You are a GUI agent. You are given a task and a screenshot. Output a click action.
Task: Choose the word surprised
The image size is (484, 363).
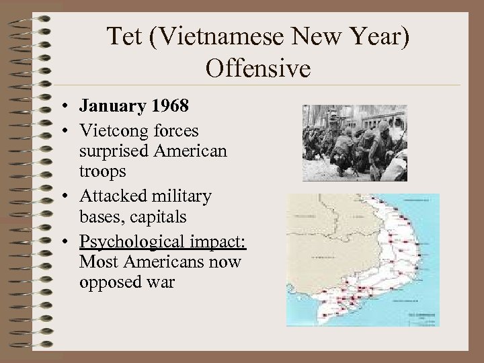[x=118, y=149]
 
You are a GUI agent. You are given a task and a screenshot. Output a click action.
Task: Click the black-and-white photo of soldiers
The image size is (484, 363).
[x=354, y=143]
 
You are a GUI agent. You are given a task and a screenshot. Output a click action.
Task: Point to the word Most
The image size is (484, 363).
[x=97, y=261]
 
